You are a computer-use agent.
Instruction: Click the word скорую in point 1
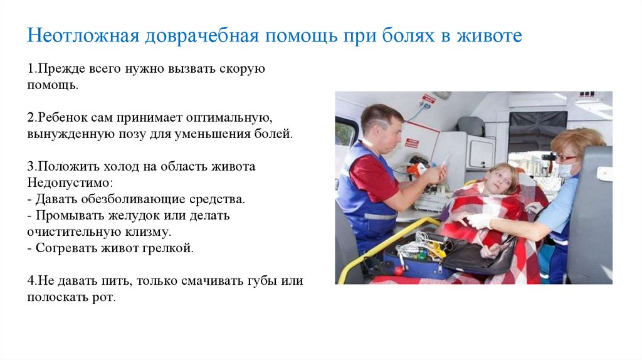(x=242, y=68)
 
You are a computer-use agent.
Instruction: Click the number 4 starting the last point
(x=30, y=280)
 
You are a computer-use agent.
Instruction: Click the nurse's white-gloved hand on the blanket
(x=480, y=221)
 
